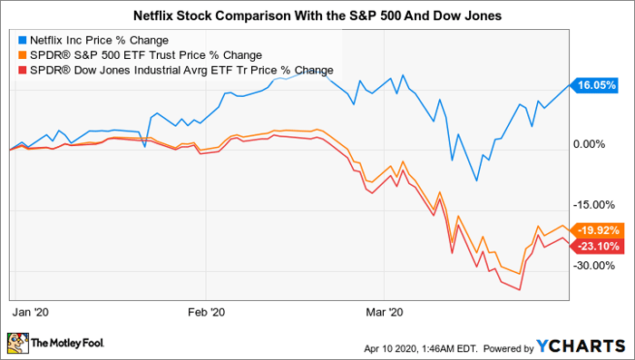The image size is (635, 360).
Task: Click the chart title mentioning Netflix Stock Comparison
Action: tap(317, 15)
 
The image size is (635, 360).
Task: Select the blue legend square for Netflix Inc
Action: tap(23, 40)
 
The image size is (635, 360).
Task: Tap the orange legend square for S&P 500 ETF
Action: tap(23, 55)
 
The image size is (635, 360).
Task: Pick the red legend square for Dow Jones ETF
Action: tap(23, 70)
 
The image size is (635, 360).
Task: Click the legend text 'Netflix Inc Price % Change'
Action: tap(99, 41)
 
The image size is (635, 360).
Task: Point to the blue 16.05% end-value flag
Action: tap(594, 85)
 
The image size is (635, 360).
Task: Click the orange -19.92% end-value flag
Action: tap(595, 230)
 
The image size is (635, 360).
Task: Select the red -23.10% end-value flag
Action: tap(595, 246)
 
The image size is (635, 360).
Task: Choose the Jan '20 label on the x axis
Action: tap(30, 312)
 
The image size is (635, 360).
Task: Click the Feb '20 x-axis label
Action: tap(207, 312)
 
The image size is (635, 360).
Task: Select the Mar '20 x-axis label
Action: tap(385, 312)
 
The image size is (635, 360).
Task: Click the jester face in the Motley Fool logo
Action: tap(18, 344)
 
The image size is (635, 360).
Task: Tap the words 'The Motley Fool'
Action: tap(68, 343)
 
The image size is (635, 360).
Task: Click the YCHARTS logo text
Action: tap(581, 346)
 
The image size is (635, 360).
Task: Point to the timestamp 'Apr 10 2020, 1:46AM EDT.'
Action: tap(421, 348)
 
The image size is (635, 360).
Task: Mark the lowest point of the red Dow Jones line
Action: tap(519, 290)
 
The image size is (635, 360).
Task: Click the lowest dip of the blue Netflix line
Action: tap(476, 180)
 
